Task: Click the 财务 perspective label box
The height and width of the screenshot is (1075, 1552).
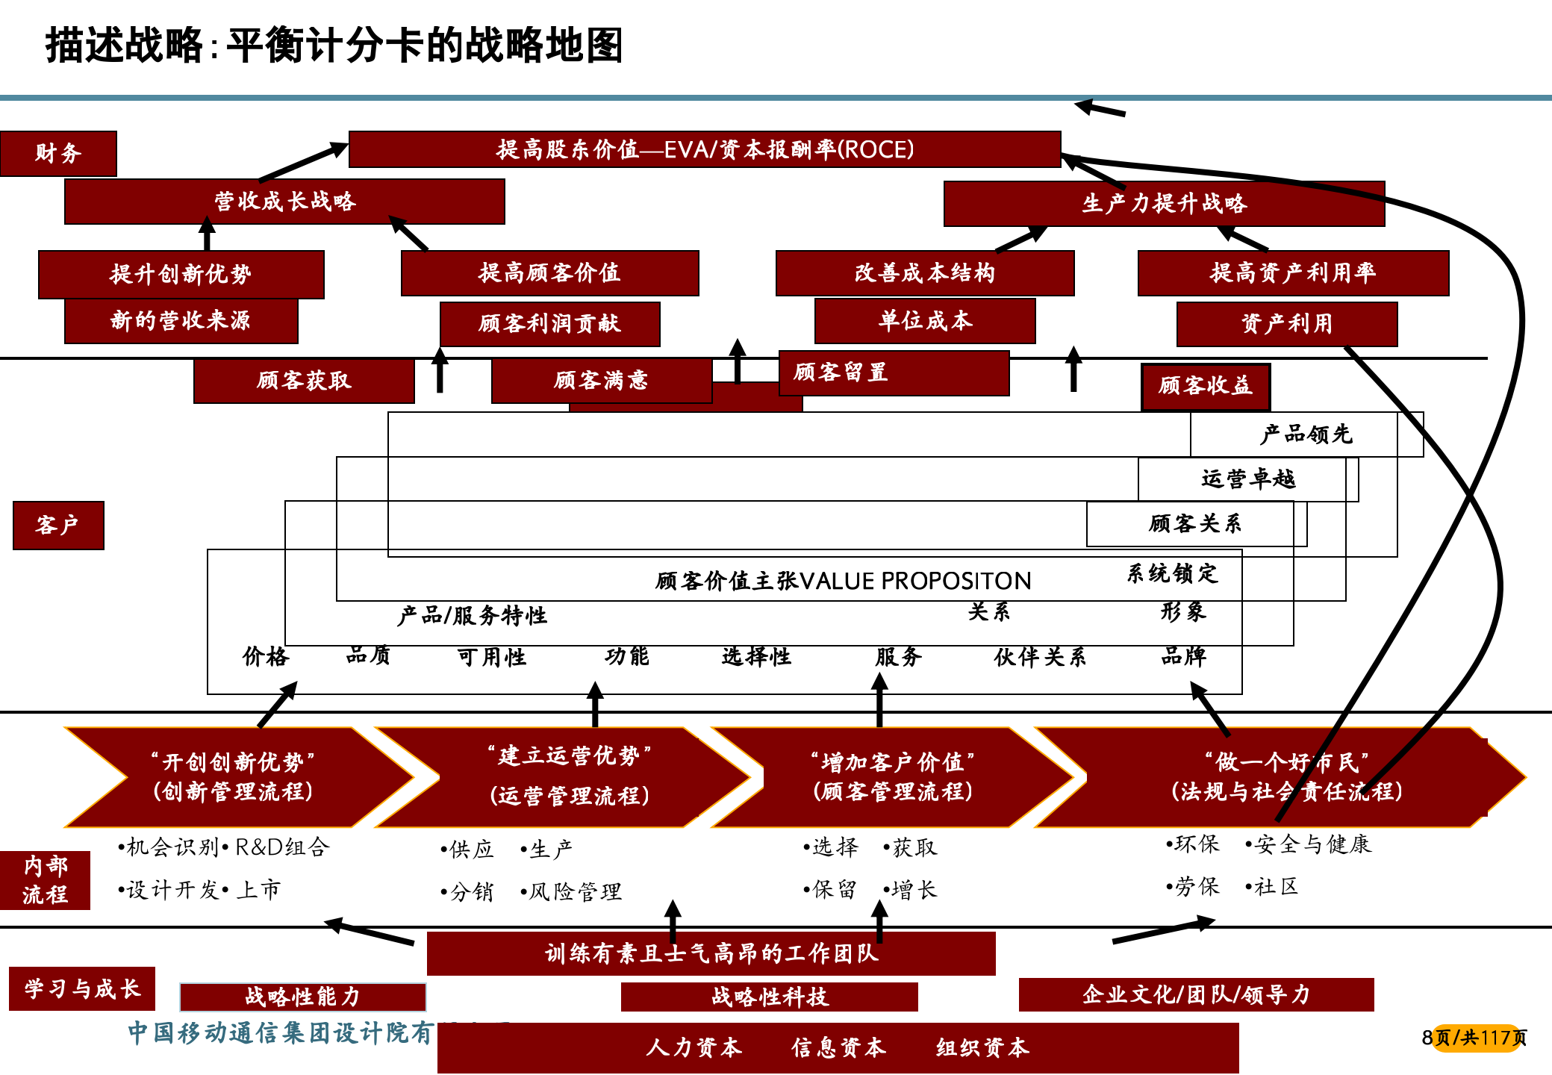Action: [x=58, y=154]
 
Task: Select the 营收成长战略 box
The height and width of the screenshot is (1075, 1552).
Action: [x=284, y=202]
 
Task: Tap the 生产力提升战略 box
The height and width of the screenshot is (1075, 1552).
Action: [x=1164, y=204]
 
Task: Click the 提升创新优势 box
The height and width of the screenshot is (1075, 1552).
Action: [x=181, y=274]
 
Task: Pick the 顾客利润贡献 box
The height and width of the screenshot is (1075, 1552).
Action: [x=549, y=324]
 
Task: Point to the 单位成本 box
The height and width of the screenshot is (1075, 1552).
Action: [x=925, y=321]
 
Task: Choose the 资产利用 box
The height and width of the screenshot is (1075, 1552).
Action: [x=1286, y=324]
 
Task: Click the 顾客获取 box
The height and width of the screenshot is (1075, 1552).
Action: [x=304, y=381]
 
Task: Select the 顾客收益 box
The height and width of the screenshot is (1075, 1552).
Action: [x=1206, y=386]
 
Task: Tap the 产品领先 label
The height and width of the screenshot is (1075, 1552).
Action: [x=1306, y=434]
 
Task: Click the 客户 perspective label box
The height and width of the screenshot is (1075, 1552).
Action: [x=58, y=526]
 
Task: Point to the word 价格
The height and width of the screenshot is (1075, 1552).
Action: [x=266, y=657]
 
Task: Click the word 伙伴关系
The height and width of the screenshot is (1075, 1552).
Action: [x=1040, y=657]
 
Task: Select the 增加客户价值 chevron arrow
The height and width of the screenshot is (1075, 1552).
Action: [x=892, y=777]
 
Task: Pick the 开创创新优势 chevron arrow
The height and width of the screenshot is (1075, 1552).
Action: [x=233, y=777]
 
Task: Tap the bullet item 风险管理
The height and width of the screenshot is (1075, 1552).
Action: [x=575, y=891]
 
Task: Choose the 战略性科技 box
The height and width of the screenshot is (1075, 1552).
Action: [x=770, y=997]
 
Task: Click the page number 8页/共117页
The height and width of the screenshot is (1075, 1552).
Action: [x=1474, y=1038]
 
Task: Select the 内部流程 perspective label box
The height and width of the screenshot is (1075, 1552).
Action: [x=46, y=880]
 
